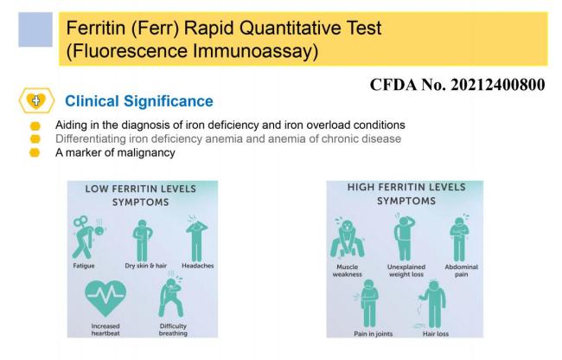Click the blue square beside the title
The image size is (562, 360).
pyautogui.click(x=35, y=29)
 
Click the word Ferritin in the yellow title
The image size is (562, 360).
pyautogui.click(x=96, y=28)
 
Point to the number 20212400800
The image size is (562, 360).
pyautogui.click(x=498, y=85)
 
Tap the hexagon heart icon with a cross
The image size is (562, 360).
pyautogui.click(x=36, y=100)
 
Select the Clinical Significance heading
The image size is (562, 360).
pyautogui.click(x=139, y=101)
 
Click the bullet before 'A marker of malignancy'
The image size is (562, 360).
pyautogui.click(x=35, y=153)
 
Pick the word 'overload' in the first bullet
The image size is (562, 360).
pyautogui.click(x=328, y=125)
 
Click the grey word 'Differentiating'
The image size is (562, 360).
pyautogui.click(x=91, y=138)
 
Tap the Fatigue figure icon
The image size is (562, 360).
pyautogui.click(x=88, y=237)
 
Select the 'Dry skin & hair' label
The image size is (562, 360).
pyautogui.click(x=146, y=266)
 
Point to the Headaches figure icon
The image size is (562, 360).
pyautogui.click(x=196, y=239)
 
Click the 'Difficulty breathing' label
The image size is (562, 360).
pyautogui.click(x=173, y=330)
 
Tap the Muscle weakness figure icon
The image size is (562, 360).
pyautogui.click(x=347, y=237)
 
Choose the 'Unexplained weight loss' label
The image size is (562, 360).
pyautogui.click(x=406, y=271)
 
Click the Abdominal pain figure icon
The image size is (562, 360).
pyautogui.click(x=459, y=238)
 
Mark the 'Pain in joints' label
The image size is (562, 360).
pyautogui.click(x=374, y=334)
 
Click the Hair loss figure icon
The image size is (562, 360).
pyautogui.click(x=432, y=304)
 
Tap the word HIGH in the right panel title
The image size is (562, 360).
pyautogui.click(x=361, y=187)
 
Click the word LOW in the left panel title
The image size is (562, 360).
pyautogui.click(x=96, y=189)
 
